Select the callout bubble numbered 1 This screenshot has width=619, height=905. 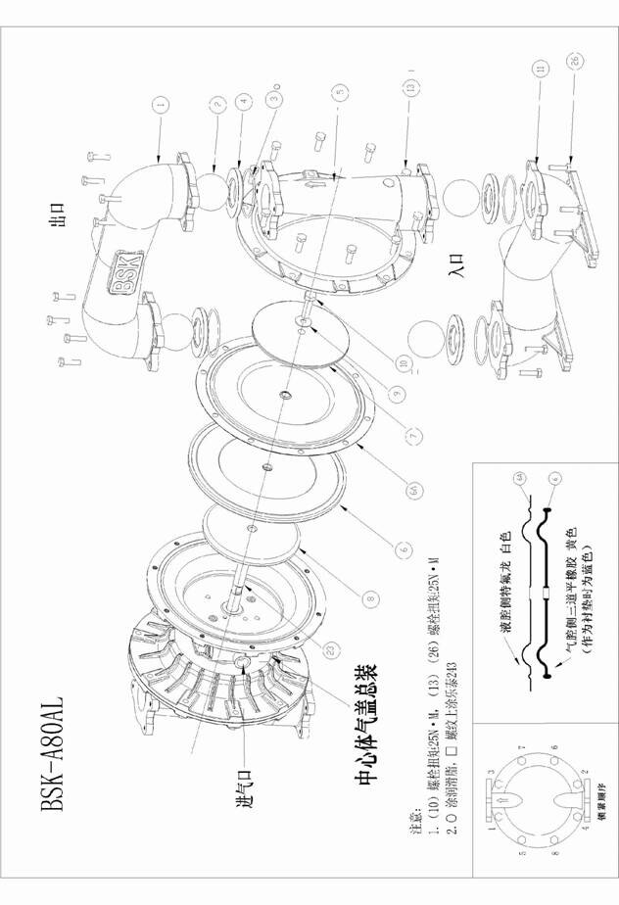point(160,101)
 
